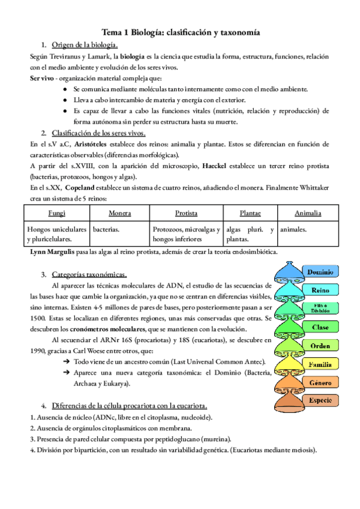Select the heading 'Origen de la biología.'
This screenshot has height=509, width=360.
(x=85, y=45)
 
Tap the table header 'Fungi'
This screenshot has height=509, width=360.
(x=57, y=213)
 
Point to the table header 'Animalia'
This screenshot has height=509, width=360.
(x=308, y=213)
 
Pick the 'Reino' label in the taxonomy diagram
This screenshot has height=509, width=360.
(x=320, y=291)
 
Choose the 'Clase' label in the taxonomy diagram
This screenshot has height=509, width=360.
(x=320, y=327)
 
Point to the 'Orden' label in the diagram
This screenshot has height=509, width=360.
(x=320, y=346)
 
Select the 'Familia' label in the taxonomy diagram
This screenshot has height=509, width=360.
(x=320, y=364)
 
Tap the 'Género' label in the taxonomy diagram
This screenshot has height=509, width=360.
(x=320, y=382)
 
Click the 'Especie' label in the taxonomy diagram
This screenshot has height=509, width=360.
(x=320, y=400)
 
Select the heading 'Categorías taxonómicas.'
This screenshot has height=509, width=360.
(x=89, y=274)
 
